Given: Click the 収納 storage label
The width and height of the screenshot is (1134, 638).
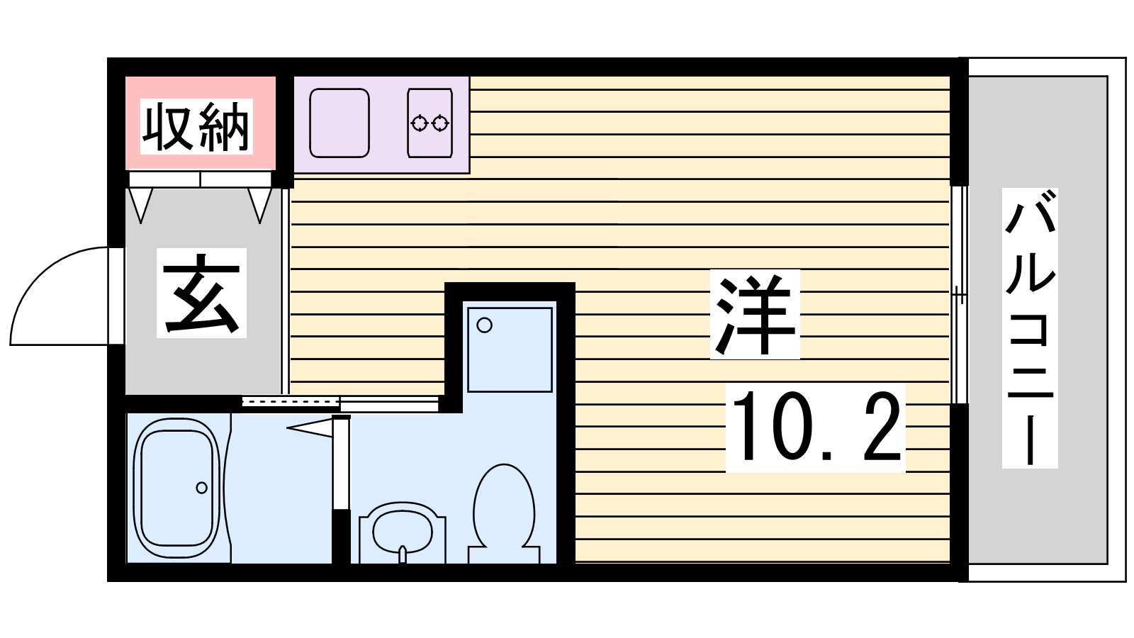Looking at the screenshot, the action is click(x=196, y=127).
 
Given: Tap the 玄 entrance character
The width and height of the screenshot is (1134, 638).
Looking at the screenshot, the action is click(x=201, y=293).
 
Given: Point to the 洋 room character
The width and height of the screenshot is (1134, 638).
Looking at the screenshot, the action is click(x=755, y=315).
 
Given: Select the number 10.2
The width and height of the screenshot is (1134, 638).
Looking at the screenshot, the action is click(x=816, y=427).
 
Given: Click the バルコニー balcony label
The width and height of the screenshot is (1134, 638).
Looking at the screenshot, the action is click(x=1030, y=328).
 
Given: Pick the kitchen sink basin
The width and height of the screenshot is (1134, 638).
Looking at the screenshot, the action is click(x=339, y=123).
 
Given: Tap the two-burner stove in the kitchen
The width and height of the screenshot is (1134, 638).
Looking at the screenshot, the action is click(x=430, y=123).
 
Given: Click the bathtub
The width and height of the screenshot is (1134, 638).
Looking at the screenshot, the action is click(x=177, y=488).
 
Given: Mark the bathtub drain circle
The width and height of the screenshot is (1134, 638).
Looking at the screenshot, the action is click(x=201, y=488).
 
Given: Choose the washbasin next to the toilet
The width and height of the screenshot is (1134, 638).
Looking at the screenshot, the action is click(x=403, y=532).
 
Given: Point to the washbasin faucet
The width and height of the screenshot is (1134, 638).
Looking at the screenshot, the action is click(x=403, y=554).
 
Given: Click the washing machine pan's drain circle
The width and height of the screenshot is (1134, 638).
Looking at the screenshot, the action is click(x=485, y=325).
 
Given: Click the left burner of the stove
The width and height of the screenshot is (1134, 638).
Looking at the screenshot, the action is click(x=419, y=123).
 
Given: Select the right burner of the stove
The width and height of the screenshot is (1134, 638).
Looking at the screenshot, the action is click(x=440, y=123).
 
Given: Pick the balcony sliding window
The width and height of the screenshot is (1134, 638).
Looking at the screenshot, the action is click(x=959, y=295).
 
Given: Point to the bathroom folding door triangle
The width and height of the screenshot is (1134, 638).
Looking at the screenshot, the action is click(x=309, y=428).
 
